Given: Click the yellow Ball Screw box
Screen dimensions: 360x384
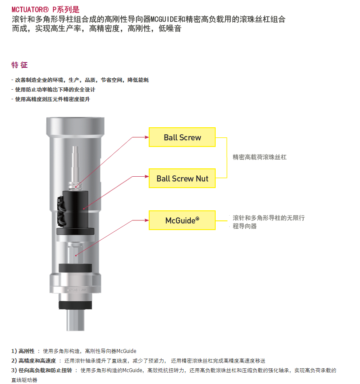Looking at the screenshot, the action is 182,137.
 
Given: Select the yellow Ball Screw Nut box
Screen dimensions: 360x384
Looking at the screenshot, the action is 182,178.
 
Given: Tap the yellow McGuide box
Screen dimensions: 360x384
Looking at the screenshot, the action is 182,220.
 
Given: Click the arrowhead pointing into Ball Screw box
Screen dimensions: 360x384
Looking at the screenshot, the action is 147,137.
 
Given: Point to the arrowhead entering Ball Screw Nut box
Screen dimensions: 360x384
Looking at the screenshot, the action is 147,176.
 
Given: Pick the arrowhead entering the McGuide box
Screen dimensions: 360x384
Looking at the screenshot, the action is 147,220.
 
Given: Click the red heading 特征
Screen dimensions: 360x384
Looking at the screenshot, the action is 20,65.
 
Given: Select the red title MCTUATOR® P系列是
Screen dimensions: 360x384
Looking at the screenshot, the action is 45,10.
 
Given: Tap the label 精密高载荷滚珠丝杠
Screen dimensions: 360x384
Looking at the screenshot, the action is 259,157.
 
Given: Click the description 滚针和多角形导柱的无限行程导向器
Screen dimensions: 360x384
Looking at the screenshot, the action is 269,222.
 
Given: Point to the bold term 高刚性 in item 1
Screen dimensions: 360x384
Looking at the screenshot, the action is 26,351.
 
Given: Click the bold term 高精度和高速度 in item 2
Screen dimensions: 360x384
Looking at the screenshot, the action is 37,360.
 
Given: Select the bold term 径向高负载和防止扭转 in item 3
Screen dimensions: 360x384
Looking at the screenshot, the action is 45,370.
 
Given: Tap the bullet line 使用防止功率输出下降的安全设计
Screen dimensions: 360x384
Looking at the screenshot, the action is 55,90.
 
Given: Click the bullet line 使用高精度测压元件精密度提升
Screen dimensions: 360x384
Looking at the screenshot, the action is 52,99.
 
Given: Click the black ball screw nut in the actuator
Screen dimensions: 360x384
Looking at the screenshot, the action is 75,209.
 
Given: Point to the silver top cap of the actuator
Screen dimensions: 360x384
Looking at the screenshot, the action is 75,126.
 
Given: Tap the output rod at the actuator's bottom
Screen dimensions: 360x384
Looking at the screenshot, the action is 75,320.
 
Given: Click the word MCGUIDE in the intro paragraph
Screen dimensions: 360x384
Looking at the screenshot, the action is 164,19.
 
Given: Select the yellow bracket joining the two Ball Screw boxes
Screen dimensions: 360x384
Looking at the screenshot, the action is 227,157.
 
